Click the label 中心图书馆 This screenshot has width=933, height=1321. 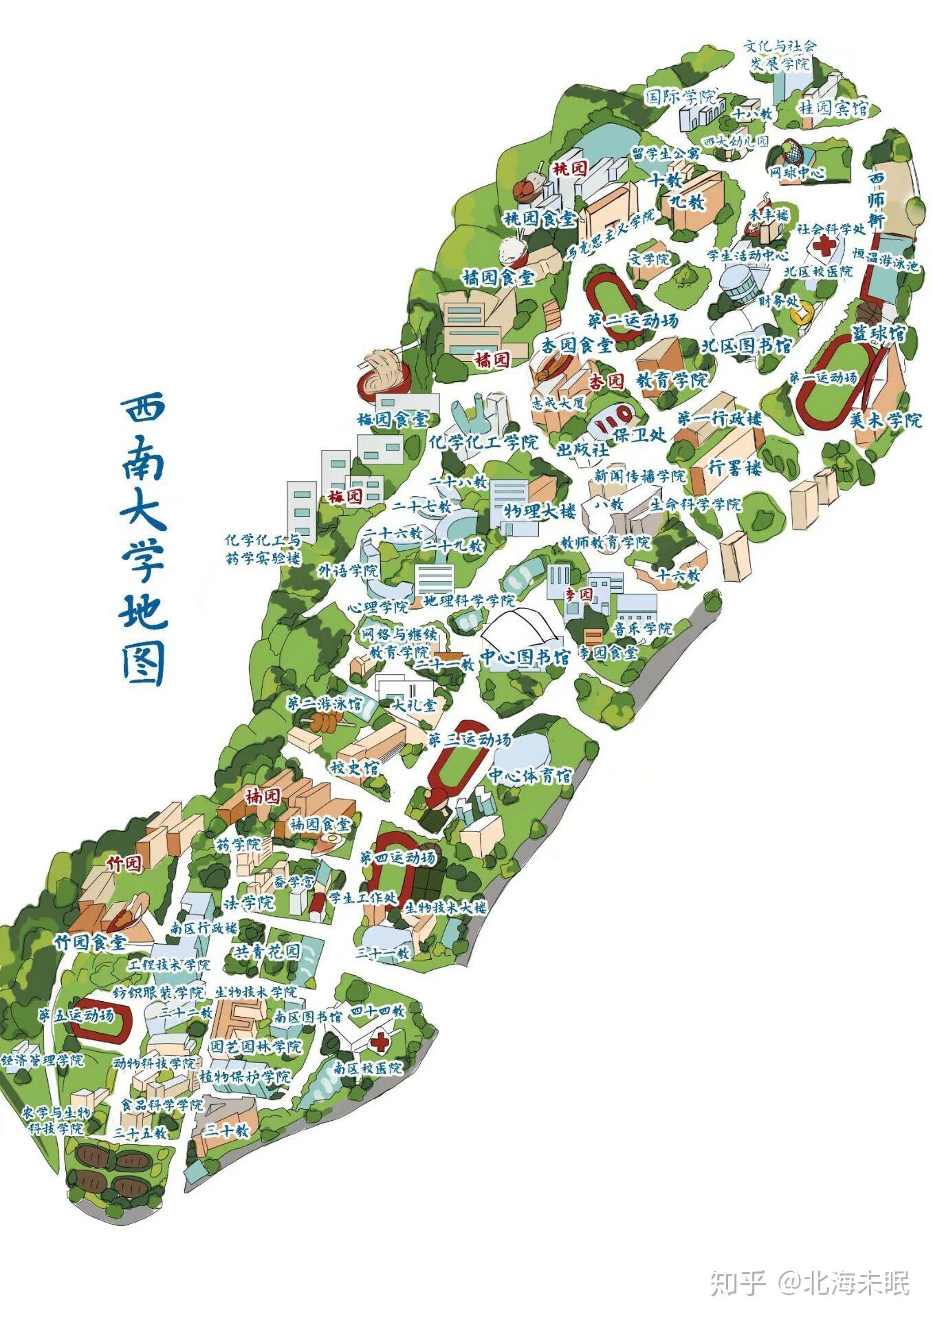(525, 657)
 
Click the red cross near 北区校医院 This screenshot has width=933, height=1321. (822, 246)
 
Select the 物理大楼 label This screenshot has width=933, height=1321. (540, 511)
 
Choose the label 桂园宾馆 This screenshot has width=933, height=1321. (833, 108)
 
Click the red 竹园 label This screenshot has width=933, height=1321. (124, 864)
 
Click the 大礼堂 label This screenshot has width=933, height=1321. (414, 705)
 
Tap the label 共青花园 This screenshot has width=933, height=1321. (268, 952)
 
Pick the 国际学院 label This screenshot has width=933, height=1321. (680, 96)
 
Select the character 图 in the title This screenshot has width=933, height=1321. (144, 665)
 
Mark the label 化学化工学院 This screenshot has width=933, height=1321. (483, 442)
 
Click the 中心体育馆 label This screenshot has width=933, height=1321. (530, 776)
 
